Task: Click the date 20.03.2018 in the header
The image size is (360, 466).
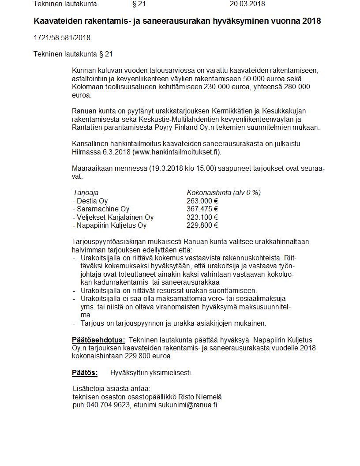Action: coord(247,4)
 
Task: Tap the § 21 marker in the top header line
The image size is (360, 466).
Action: coord(139,4)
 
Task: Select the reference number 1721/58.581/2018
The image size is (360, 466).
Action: coord(62,38)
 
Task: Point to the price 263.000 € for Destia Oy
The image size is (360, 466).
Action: coord(202,201)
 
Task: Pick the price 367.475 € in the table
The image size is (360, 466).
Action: coord(202,209)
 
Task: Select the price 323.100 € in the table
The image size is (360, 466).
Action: coord(202,217)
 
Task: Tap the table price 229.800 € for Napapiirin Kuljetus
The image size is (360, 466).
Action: coord(202,225)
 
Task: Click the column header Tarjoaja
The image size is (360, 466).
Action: coord(86,192)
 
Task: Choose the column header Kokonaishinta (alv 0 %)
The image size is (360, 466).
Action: coord(224,192)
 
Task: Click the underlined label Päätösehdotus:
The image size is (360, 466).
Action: coord(98,340)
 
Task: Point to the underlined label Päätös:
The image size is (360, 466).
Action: coord(85,372)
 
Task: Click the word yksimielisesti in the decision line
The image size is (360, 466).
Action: coord(170,372)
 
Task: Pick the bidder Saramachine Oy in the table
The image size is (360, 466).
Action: coord(103,209)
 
